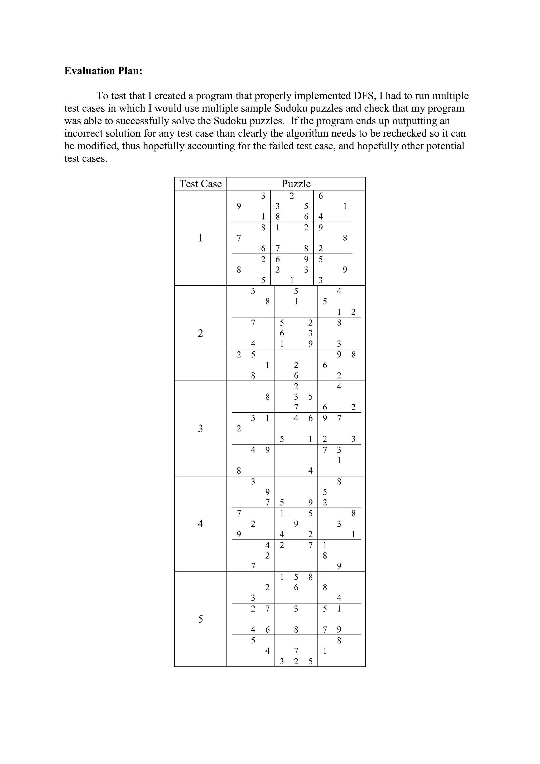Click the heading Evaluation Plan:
pyautogui.click(x=103, y=71)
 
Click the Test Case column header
pyautogui.click(x=200, y=184)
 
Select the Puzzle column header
pyautogui.click(x=296, y=184)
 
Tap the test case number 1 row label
pyautogui.click(x=200, y=238)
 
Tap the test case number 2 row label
pyautogui.click(x=200, y=333)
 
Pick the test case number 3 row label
pyautogui.click(x=200, y=429)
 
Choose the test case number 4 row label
pyautogui.click(x=200, y=524)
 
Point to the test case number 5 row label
pyautogui.click(x=200, y=619)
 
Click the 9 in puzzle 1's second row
pyautogui.click(x=239, y=206)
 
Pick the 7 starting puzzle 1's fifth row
pyautogui.click(x=239, y=238)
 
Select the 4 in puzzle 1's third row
pyautogui.click(x=321, y=217)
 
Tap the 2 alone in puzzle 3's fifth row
pyautogui.click(x=239, y=429)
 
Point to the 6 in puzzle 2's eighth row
pyautogui.click(x=325, y=365)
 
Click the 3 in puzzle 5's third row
pyautogui.click(x=253, y=598)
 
